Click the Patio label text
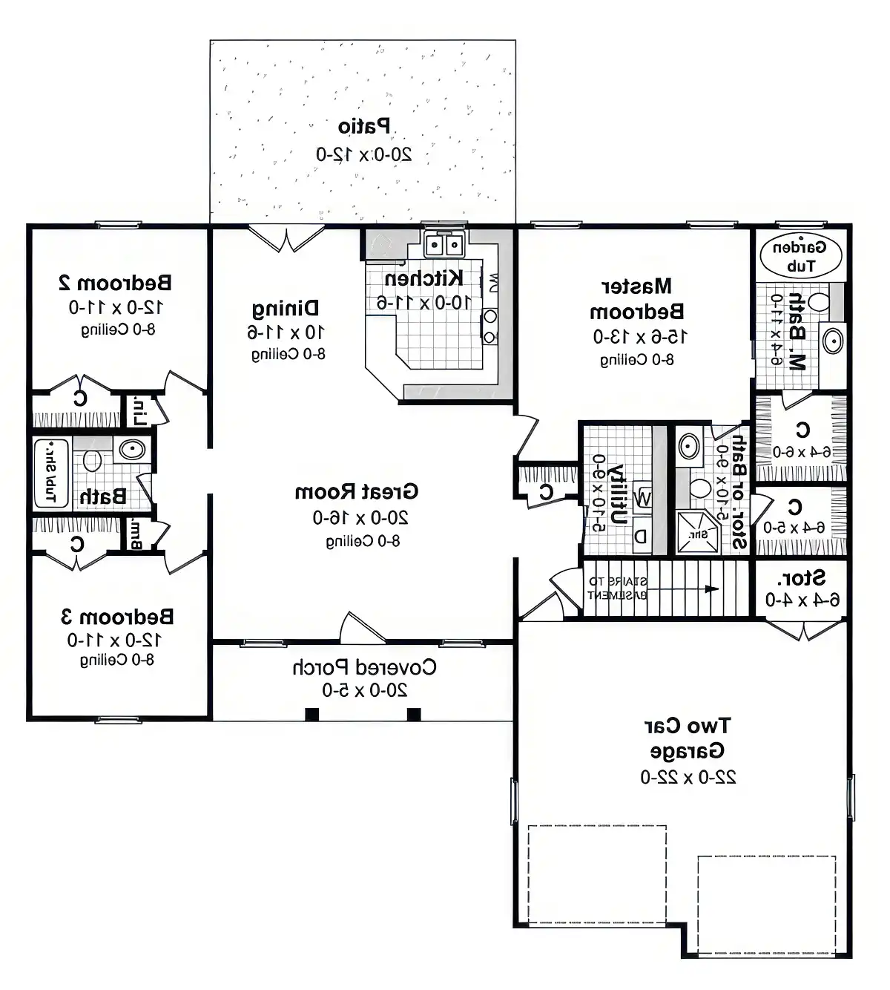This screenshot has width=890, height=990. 364,126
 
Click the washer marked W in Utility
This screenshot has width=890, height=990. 643,498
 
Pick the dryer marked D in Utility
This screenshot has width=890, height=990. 641,537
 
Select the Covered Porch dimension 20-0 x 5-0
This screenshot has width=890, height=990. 364,690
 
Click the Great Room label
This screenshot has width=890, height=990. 357,491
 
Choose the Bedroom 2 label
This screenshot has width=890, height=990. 115,282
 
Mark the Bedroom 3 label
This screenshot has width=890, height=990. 116,616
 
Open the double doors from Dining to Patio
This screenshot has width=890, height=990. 286,237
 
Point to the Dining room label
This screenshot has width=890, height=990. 286,308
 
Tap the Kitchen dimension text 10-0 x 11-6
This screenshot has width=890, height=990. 423,302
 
